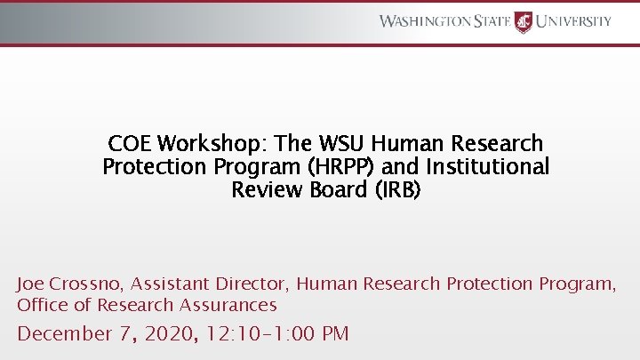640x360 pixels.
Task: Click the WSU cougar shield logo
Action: pyautogui.click(x=523, y=21)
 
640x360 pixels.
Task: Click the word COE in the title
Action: pyautogui.click(x=130, y=143)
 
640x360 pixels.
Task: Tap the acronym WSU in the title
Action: pyautogui.click(x=342, y=143)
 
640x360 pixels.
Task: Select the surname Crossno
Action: pyautogui.click(x=90, y=284)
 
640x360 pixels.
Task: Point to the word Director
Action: pyautogui.click(x=249, y=284)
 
